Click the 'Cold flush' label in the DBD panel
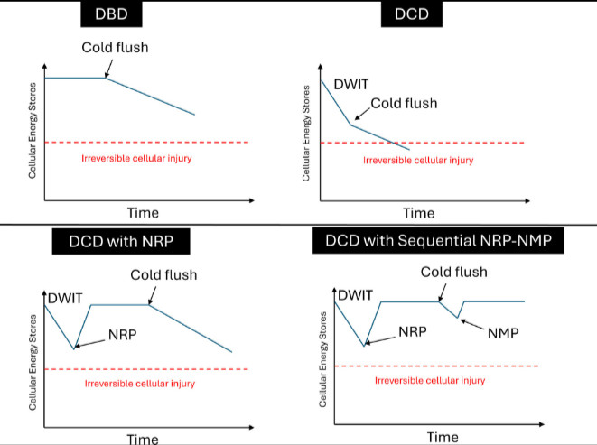(x=114, y=48)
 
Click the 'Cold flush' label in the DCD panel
(x=404, y=103)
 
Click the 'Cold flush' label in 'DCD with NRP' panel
(x=163, y=276)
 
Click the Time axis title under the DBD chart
(x=142, y=212)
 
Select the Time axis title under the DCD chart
(x=418, y=214)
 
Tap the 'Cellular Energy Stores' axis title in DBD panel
(x=32, y=127)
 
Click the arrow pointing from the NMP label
(x=476, y=322)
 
